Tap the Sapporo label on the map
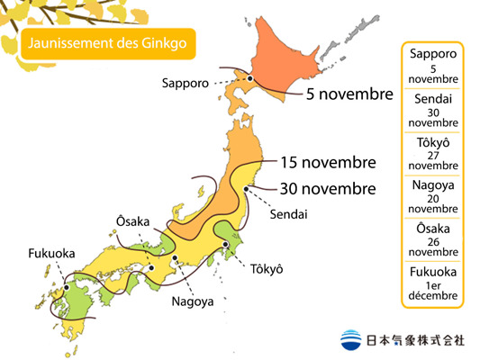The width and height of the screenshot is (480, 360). (x=186, y=83)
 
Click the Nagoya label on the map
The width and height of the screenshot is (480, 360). (x=193, y=301)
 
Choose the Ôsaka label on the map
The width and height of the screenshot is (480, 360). (x=133, y=221)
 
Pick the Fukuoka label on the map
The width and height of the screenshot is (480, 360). (x=50, y=253)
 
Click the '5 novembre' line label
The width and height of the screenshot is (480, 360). (x=349, y=94)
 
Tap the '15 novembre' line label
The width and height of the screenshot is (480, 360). (x=328, y=163)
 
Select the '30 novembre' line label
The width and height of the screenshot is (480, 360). (x=328, y=189)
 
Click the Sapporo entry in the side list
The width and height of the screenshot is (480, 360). (x=433, y=66)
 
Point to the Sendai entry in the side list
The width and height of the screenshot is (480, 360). (x=433, y=109)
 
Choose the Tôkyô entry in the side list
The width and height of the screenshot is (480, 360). (x=433, y=153)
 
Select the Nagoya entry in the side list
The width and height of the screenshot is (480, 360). (x=433, y=196)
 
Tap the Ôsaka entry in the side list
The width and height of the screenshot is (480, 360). (x=433, y=239)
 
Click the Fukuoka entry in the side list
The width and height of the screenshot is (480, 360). (x=433, y=283)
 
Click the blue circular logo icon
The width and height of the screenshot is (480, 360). (x=352, y=340)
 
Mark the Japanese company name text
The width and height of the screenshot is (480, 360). (x=415, y=340)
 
